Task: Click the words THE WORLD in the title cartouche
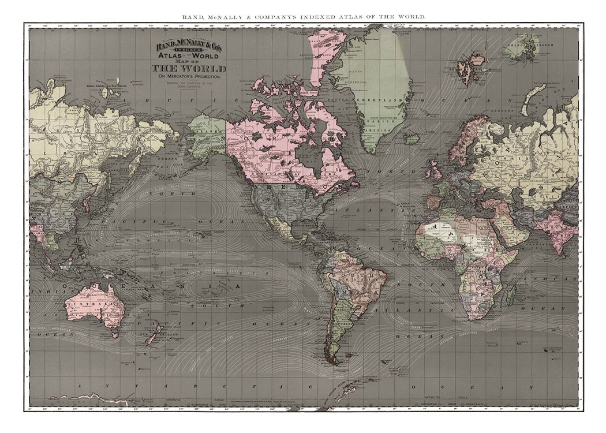[x=189, y=69]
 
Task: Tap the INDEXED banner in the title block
[x=189, y=51]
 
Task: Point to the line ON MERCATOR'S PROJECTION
[x=189, y=77]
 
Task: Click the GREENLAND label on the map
[x=369, y=99]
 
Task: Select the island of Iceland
[x=412, y=139]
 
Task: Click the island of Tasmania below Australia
[x=115, y=334]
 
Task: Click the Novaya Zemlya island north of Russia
[x=540, y=92]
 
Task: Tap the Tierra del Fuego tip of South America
[x=332, y=361]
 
